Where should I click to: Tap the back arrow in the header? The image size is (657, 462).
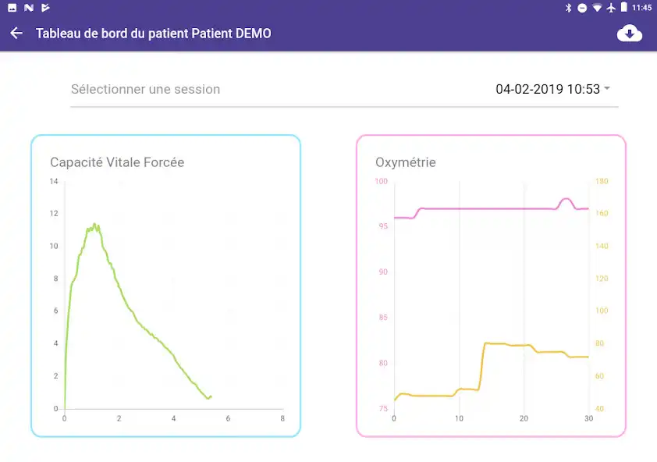pos(16,34)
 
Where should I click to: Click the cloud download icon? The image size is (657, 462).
pos(629,34)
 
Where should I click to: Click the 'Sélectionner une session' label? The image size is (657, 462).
pos(145,89)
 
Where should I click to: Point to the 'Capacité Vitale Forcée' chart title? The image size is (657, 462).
pos(117,162)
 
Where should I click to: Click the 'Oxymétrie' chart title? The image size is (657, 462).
pos(406,162)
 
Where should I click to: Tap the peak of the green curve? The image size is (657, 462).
pos(94,225)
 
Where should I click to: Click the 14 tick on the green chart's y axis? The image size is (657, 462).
pos(54,182)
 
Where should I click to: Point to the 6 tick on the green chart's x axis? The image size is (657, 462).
pos(228,419)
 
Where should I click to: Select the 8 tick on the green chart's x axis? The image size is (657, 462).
pos(282,419)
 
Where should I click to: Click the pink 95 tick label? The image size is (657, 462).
pos(382,226)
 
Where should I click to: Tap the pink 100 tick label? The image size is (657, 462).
pos(381,182)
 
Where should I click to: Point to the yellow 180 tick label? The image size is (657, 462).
pos(602,182)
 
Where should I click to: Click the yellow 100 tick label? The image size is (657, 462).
pos(602,311)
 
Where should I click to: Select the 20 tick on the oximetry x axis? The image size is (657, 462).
pos(524,419)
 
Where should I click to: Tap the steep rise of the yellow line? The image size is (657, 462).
pos(481,367)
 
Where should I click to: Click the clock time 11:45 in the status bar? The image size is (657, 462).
pos(641,8)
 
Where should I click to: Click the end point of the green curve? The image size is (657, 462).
pos(211,396)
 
